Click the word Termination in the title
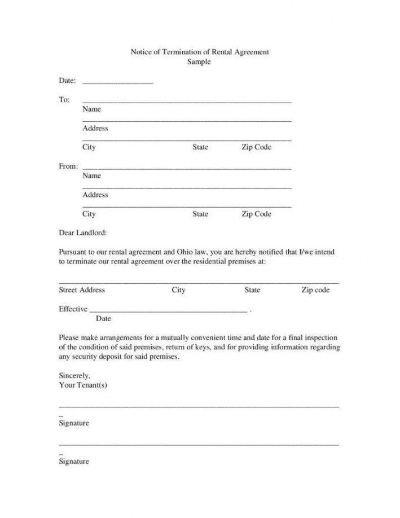point(183,52)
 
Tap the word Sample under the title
point(199,62)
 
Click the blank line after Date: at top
point(118,82)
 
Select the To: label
point(64,99)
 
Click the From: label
point(68,166)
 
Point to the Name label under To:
point(91,109)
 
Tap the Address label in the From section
point(95,195)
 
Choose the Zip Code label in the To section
point(256,147)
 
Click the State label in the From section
point(200,214)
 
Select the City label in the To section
point(89,147)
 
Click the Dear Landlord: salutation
point(83,232)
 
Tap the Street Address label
point(82,290)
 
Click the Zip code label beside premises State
point(315,290)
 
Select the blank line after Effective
point(168,310)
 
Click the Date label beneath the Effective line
point(103,319)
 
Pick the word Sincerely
point(74,375)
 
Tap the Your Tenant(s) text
point(83,385)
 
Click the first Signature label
point(74,423)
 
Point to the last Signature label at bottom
point(74,461)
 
